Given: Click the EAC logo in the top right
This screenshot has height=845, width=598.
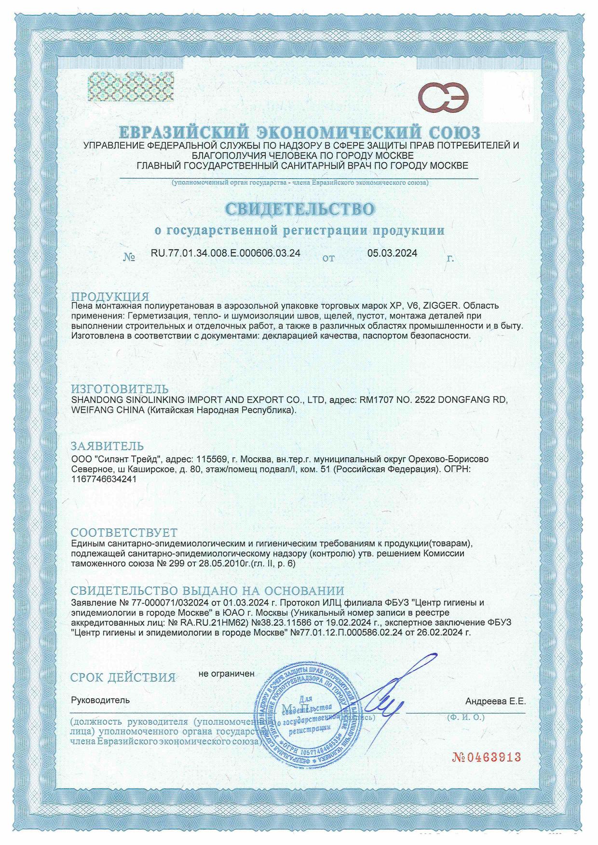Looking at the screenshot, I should click(x=443, y=95).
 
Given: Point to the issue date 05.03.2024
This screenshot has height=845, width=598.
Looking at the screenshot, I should click(x=392, y=253).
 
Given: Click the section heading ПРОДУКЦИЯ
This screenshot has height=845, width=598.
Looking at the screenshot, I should click(x=110, y=296).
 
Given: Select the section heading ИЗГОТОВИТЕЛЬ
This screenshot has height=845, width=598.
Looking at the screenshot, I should click(x=120, y=389).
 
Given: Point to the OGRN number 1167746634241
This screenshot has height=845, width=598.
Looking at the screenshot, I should click(x=103, y=479).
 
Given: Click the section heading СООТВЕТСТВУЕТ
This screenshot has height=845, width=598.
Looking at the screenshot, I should click(x=124, y=532).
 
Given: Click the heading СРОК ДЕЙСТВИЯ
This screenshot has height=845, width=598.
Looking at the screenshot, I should click(x=123, y=678).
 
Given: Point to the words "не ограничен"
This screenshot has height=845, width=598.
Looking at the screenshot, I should click(x=226, y=673).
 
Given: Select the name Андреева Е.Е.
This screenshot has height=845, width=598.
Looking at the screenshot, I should click(x=495, y=701).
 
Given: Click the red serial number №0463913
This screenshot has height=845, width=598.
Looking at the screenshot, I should click(x=486, y=757).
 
